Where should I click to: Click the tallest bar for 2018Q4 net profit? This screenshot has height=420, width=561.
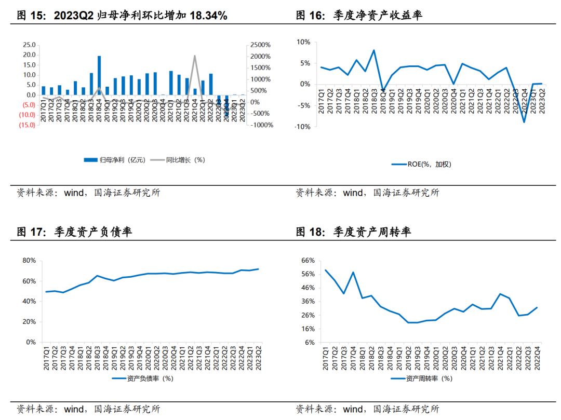point(99,75)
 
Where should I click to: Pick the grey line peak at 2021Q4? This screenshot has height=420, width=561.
point(195,56)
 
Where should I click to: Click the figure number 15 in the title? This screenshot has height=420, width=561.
point(35,16)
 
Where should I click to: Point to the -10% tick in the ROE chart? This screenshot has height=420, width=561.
point(303,127)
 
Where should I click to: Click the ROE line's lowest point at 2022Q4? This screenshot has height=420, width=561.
point(525,122)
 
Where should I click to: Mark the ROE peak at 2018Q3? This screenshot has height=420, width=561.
point(373,50)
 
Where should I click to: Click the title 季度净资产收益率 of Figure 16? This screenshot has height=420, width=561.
point(378,16)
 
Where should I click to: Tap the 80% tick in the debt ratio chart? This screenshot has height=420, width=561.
point(29,261)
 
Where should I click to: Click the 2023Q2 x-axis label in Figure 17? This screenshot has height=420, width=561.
point(258,357)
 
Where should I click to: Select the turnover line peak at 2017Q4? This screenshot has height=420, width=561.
point(353,272)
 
